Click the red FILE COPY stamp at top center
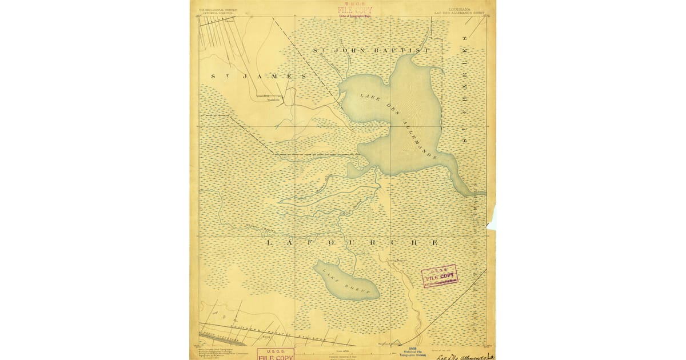pos(354,11)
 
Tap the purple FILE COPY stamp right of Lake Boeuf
pos(440,277)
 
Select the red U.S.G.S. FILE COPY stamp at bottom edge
pos(276,354)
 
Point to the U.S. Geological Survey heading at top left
pos(217,10)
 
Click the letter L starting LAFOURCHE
pos(270,243)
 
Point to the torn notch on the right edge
pos(492,218)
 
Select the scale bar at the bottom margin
pos(343,350)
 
